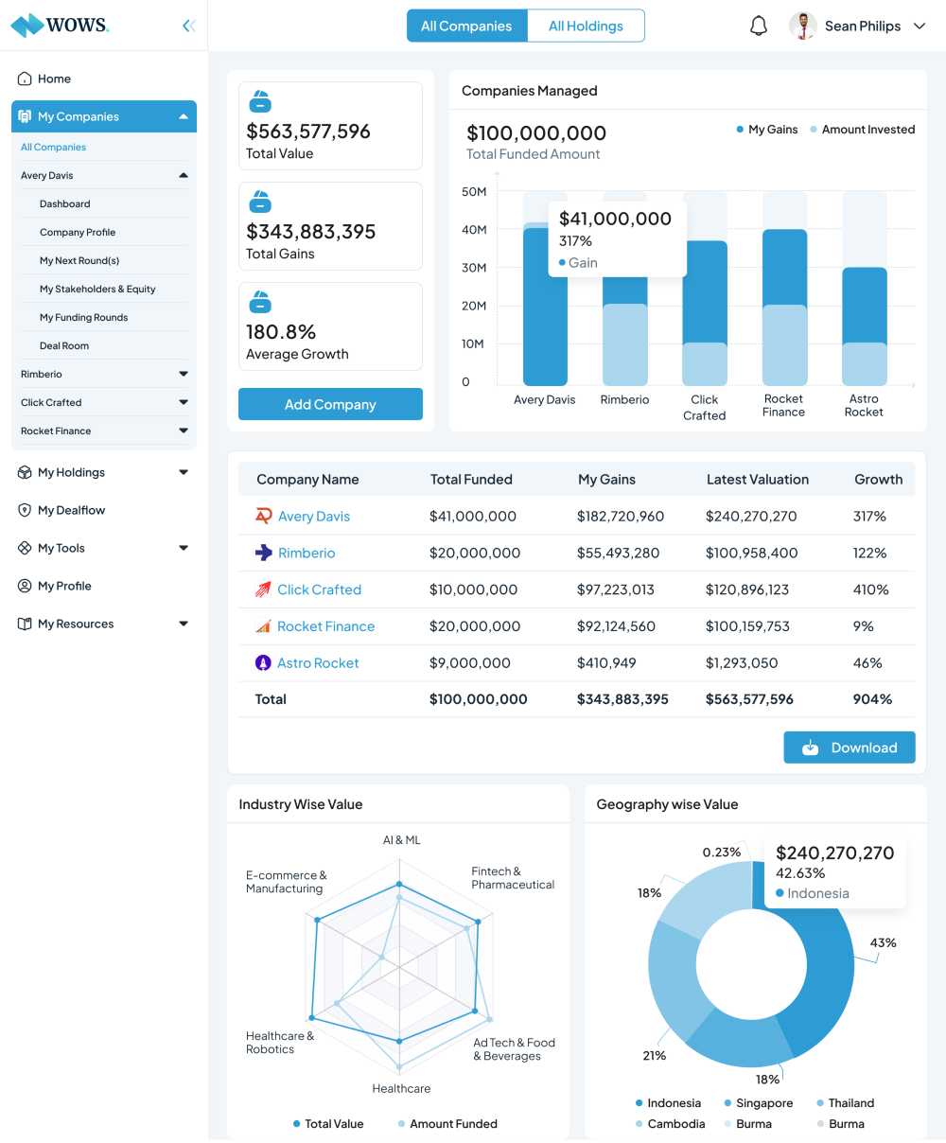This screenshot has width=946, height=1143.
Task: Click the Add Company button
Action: tap(330, 404)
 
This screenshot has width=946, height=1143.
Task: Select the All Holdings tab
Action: tap(586, 26)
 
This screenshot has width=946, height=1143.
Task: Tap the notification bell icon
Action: tap(759, 26)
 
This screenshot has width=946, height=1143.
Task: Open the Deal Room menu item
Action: tap(64, 345)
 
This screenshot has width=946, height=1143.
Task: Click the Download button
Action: tap(849, 747)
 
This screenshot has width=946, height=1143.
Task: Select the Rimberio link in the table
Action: tap(307, 553)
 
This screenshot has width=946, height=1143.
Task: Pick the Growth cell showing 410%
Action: tap(870, 589)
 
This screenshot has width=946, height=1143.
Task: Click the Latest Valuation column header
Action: tap(757, 480)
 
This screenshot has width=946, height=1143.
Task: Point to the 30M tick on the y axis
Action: tap(474, 268)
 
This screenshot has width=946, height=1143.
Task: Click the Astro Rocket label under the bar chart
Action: tap(864, 405)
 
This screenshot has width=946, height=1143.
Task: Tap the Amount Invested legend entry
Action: tap(867, 130)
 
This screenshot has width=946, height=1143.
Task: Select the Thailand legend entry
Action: tap(850, 1103)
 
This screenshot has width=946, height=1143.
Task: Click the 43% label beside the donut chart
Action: tap(883, 942)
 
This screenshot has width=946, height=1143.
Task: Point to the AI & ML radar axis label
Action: tap(401, 840)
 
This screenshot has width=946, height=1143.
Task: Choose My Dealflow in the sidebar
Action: tap(71, 510)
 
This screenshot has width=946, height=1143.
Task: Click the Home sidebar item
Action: tap(54, 79)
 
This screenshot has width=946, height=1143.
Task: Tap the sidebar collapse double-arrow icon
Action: tap(189, 26)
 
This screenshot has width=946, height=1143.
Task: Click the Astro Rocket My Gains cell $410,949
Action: tap(606, 663)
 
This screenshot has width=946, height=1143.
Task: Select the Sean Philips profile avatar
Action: tap(803, 26)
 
